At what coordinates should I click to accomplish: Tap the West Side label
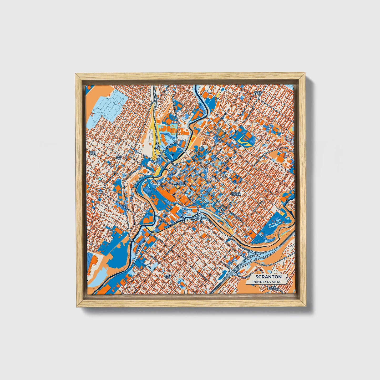119,157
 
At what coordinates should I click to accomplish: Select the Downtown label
178,184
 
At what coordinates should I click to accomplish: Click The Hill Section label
236,194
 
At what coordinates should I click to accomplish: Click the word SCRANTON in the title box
268,277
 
